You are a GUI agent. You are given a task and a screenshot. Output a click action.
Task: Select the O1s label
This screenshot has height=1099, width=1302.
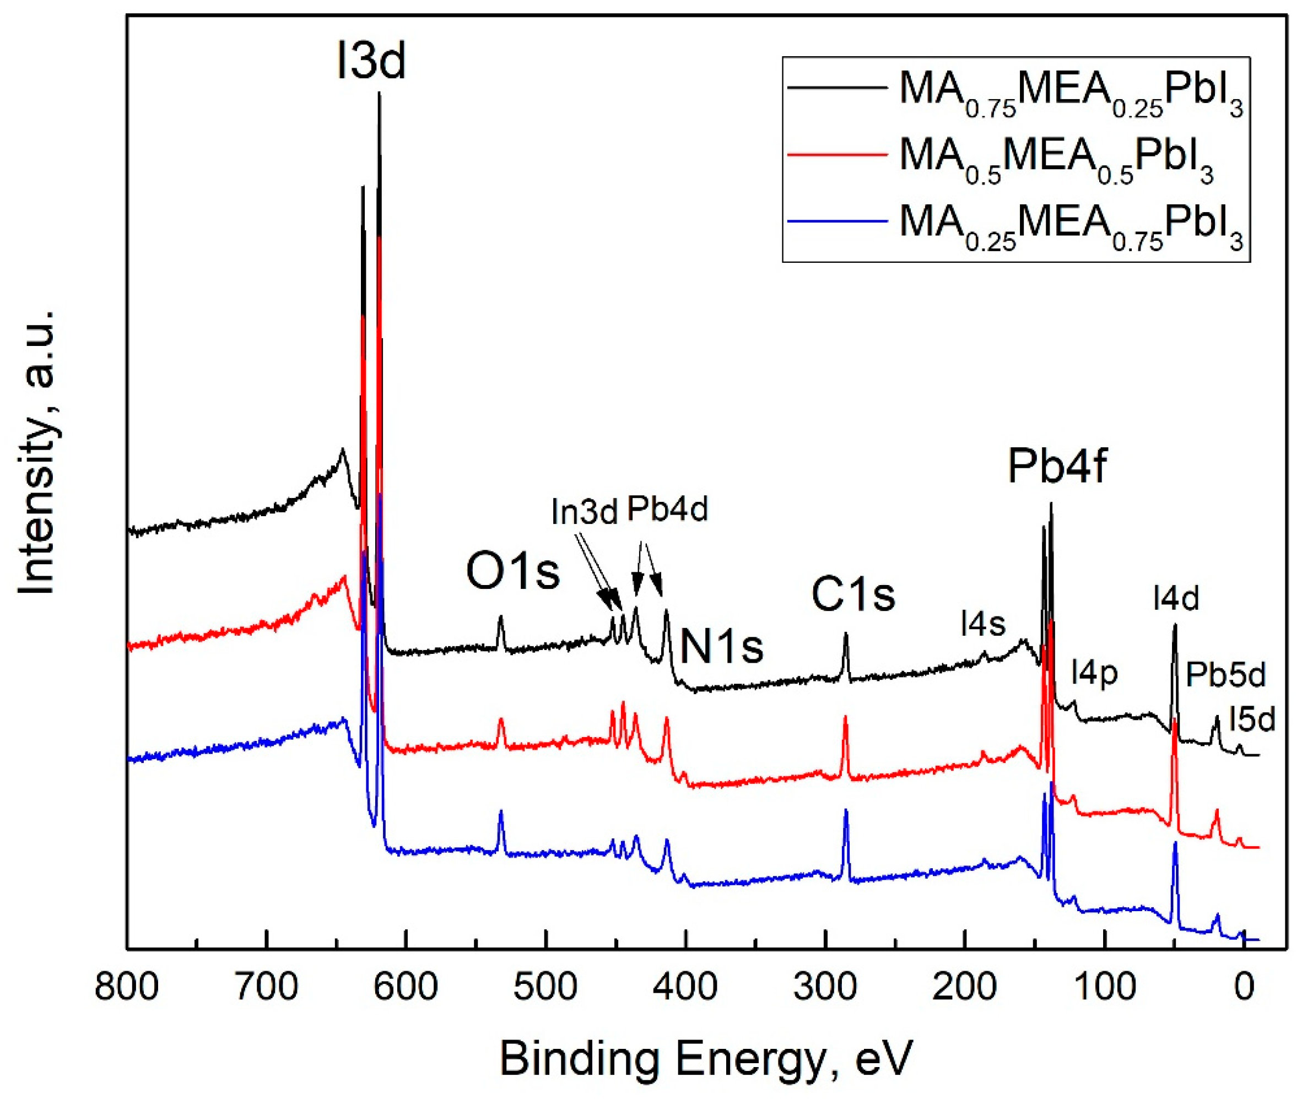click(512, 572)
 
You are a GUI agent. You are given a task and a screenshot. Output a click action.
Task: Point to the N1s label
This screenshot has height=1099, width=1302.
click(721, 646)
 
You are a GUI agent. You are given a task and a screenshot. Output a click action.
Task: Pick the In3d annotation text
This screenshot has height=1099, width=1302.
click(584, 512)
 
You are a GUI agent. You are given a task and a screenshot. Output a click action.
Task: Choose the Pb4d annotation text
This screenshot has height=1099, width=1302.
click(667, 509)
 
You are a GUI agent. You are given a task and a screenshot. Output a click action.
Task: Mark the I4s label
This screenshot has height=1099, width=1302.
click(983, 622)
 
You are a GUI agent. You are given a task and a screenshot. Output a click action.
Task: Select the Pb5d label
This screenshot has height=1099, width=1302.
click(1225, 674)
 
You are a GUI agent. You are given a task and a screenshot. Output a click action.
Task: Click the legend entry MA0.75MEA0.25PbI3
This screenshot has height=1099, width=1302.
click(1070, 95)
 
